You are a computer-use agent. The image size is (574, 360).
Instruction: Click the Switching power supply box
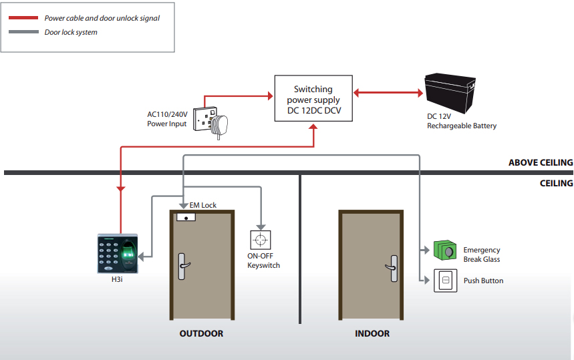point(313,98)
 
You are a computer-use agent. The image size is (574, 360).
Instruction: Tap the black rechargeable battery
point(450,93)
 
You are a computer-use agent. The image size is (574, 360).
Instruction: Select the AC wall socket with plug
point(210,122)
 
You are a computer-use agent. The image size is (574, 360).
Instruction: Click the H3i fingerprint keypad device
point(118,254)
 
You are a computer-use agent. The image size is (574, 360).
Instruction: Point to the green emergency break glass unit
point(445,250)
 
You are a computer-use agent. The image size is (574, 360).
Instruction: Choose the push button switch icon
point(446,281)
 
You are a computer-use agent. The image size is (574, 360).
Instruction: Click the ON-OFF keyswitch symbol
point(261,240)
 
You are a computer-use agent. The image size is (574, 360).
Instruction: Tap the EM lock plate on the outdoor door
point(186,217)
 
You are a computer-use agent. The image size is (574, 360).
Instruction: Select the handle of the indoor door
point(392,268)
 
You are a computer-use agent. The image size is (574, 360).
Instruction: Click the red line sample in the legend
point(23,17)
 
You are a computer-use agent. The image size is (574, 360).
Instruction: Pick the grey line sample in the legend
point(23,32)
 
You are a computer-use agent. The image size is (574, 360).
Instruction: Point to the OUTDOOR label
point(201,333)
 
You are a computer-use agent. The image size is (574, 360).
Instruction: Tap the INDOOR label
point(372,333)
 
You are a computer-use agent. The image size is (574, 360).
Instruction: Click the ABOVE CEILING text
point(541,162)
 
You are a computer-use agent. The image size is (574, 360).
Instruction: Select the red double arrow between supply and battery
point(388,93)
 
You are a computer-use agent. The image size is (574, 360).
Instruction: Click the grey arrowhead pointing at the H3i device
point(141,256)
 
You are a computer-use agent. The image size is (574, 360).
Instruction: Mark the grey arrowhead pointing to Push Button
point(426,281)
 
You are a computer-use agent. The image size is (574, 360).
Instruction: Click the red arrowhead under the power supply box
point(313,127)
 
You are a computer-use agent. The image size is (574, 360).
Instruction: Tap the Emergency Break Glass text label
point(481,254)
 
